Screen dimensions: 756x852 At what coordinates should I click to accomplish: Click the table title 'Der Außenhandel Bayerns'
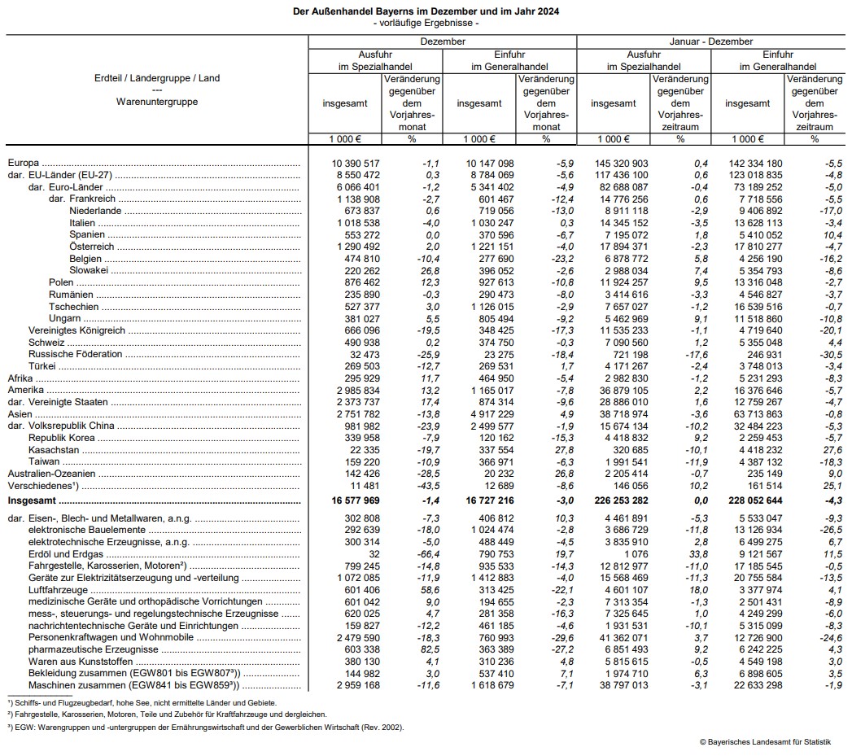point(426,12)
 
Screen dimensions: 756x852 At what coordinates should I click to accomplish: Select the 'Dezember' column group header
point(443,42)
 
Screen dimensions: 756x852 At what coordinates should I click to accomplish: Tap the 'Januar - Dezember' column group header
point(710,42)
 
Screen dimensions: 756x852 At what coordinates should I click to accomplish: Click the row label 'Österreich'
point(92,246)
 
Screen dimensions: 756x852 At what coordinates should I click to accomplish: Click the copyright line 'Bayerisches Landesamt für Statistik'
point(765,741)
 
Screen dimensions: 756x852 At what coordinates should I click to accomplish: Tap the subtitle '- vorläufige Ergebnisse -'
point(426,23)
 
